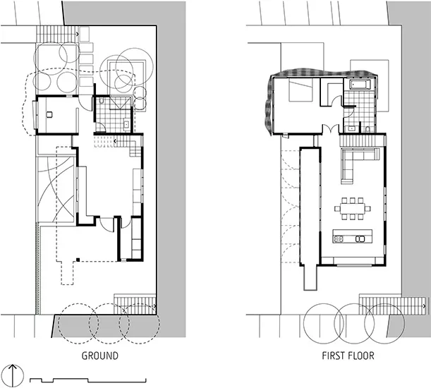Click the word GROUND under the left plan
point(100,356)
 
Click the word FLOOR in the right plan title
point(361,356)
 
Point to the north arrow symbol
point(13,375)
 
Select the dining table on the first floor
point(353,208)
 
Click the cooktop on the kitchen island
point(339,239)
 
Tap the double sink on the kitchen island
point(360,239)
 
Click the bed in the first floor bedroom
point(301,90)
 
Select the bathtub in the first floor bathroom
point(360,84)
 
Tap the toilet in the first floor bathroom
point(368,129)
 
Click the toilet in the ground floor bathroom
point(102,101)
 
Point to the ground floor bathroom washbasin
point(126,125)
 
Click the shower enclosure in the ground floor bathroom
point(121,103)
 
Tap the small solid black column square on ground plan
point(78,260)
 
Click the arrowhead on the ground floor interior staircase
point(116,141)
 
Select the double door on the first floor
point(330,128)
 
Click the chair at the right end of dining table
point(368,208)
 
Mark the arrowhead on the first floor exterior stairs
point(425,305)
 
